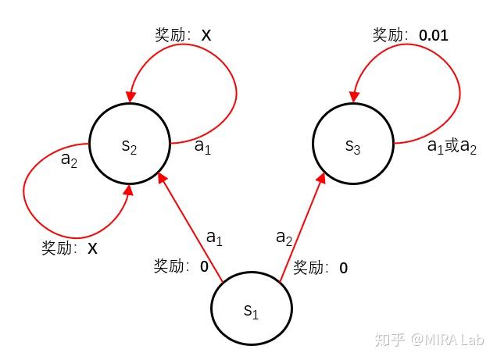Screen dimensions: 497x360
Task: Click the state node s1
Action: click(x=251, y=308)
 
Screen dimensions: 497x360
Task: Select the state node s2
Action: click(x=130, y=144)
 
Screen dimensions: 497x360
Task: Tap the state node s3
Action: click(x=352, y=144)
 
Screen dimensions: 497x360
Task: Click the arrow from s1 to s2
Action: click(x=191, y=227)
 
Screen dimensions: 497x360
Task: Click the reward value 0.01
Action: click(x=434, y=35)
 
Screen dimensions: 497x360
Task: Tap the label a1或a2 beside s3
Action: click(x=452, y=146)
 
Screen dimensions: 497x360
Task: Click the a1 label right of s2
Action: click(x=202, y=146)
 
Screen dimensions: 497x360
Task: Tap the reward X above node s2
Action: click(x=206, y=35)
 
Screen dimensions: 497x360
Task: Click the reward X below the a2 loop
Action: click(x=92, y=248)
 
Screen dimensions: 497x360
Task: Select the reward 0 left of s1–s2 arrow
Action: click(x=204, y=266)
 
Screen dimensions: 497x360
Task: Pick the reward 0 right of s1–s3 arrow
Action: click(x=343, y=268)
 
